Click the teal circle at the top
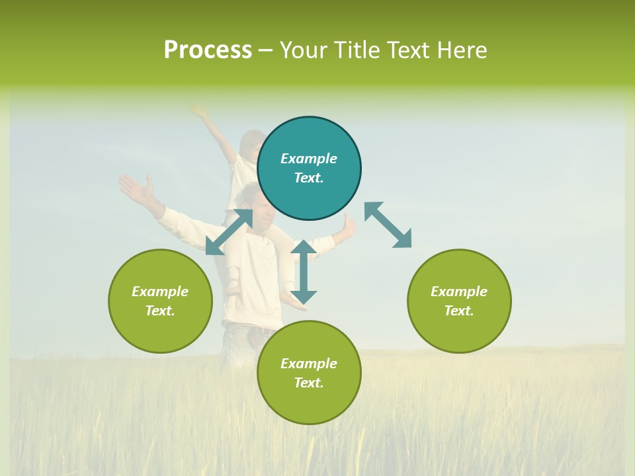[309, 169]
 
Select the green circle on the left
[160, 301]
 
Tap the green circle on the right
[459, 301]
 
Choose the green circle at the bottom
[309, 373]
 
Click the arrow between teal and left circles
[229, 232]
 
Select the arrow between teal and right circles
[388, 225]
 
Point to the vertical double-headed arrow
[304, 272]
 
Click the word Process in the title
[208, 50]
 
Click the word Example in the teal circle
[309, 159]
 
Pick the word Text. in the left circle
[160, 311]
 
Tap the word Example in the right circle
[459, 292]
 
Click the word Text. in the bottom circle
[309, 383]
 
